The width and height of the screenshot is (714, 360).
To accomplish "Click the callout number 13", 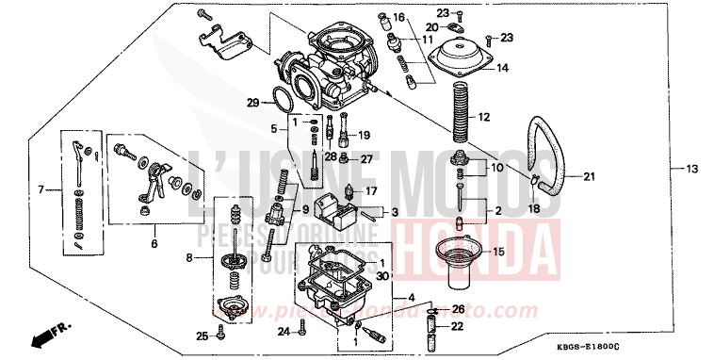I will coord(692,169).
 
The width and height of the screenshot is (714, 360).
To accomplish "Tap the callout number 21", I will coord(590,176).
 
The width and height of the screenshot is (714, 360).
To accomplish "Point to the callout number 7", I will coord(41,190).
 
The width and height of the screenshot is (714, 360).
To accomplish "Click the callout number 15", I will coord(499,252).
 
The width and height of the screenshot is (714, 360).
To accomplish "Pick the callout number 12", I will coord(485,118).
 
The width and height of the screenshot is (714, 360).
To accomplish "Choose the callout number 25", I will coord(200,335).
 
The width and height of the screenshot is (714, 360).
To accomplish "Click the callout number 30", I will coord(382,275).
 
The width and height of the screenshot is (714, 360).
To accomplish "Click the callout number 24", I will coord(284,331).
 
